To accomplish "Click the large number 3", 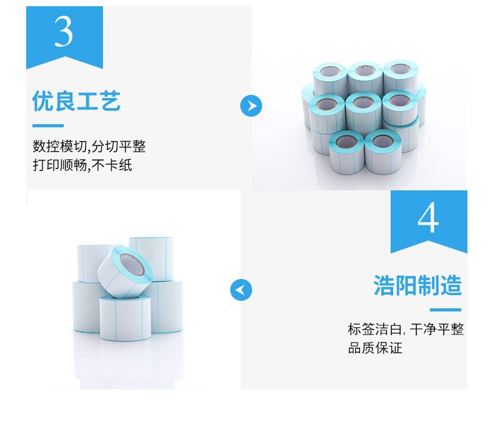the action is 64,31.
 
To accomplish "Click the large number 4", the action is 428,217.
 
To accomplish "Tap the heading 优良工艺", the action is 76,101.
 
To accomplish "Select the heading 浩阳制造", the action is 417,285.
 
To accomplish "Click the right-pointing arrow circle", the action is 251,105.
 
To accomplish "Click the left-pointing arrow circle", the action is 241,290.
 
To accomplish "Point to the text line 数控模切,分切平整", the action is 89,146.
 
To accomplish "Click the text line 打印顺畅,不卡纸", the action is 82,165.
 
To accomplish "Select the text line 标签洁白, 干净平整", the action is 406,330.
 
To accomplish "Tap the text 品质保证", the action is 375,348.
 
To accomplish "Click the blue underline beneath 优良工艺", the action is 48,126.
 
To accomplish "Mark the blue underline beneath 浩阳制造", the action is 445,310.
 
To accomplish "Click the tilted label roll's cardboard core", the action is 132,265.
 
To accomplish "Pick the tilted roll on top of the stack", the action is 125,272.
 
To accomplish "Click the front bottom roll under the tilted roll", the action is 125,318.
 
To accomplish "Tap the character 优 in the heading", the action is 43,101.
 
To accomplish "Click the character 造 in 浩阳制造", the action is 451,285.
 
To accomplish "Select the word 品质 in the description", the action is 361,348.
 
